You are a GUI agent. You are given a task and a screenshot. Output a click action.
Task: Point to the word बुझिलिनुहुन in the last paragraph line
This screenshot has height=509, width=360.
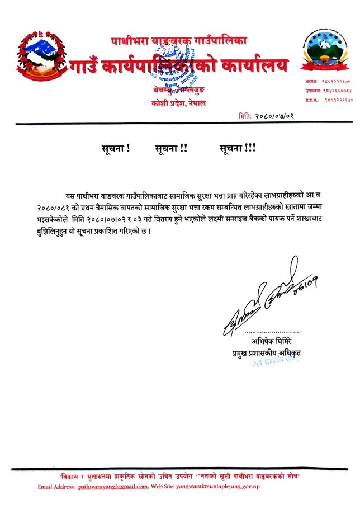point(61,232)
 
